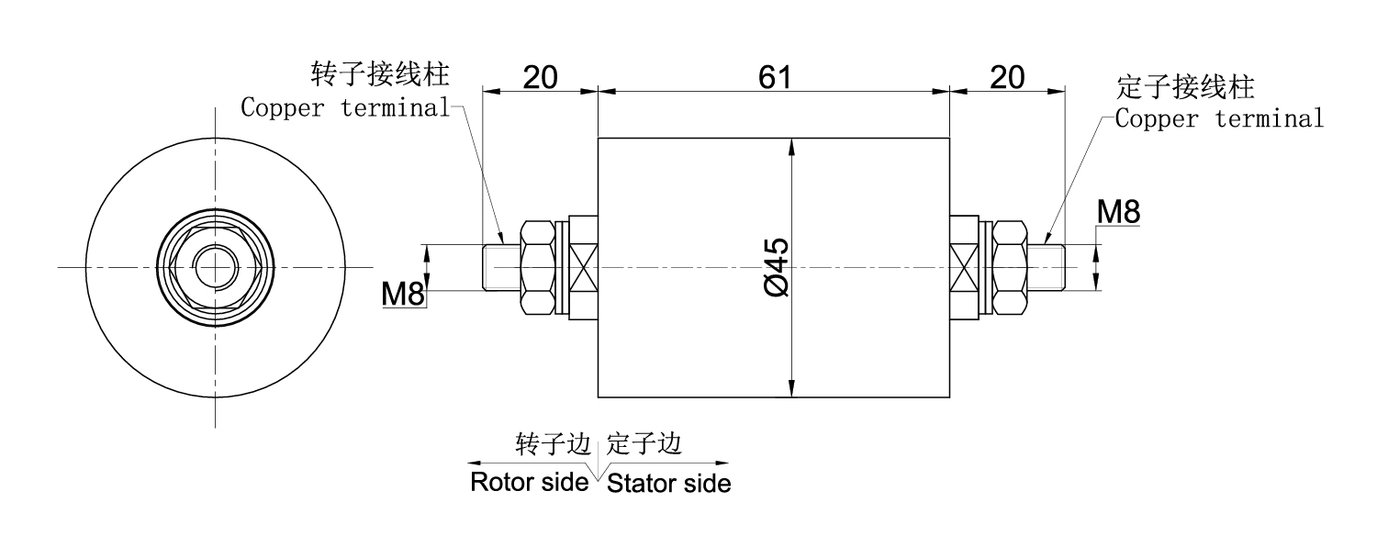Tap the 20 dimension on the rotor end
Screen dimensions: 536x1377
pos(541,76)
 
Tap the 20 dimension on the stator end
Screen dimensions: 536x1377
pos(1007,76)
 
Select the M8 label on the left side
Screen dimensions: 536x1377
pos(403,294)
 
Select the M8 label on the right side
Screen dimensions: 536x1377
pos(1119,213)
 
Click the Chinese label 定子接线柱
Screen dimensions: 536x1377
pos(1185,88)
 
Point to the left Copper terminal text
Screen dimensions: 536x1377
pos(345,107)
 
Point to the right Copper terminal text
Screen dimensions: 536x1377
pos(1219,119)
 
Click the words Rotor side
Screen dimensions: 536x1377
pos(528,482)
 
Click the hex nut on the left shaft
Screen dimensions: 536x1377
pos(539,267)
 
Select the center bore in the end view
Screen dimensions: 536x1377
pos(214,267)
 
